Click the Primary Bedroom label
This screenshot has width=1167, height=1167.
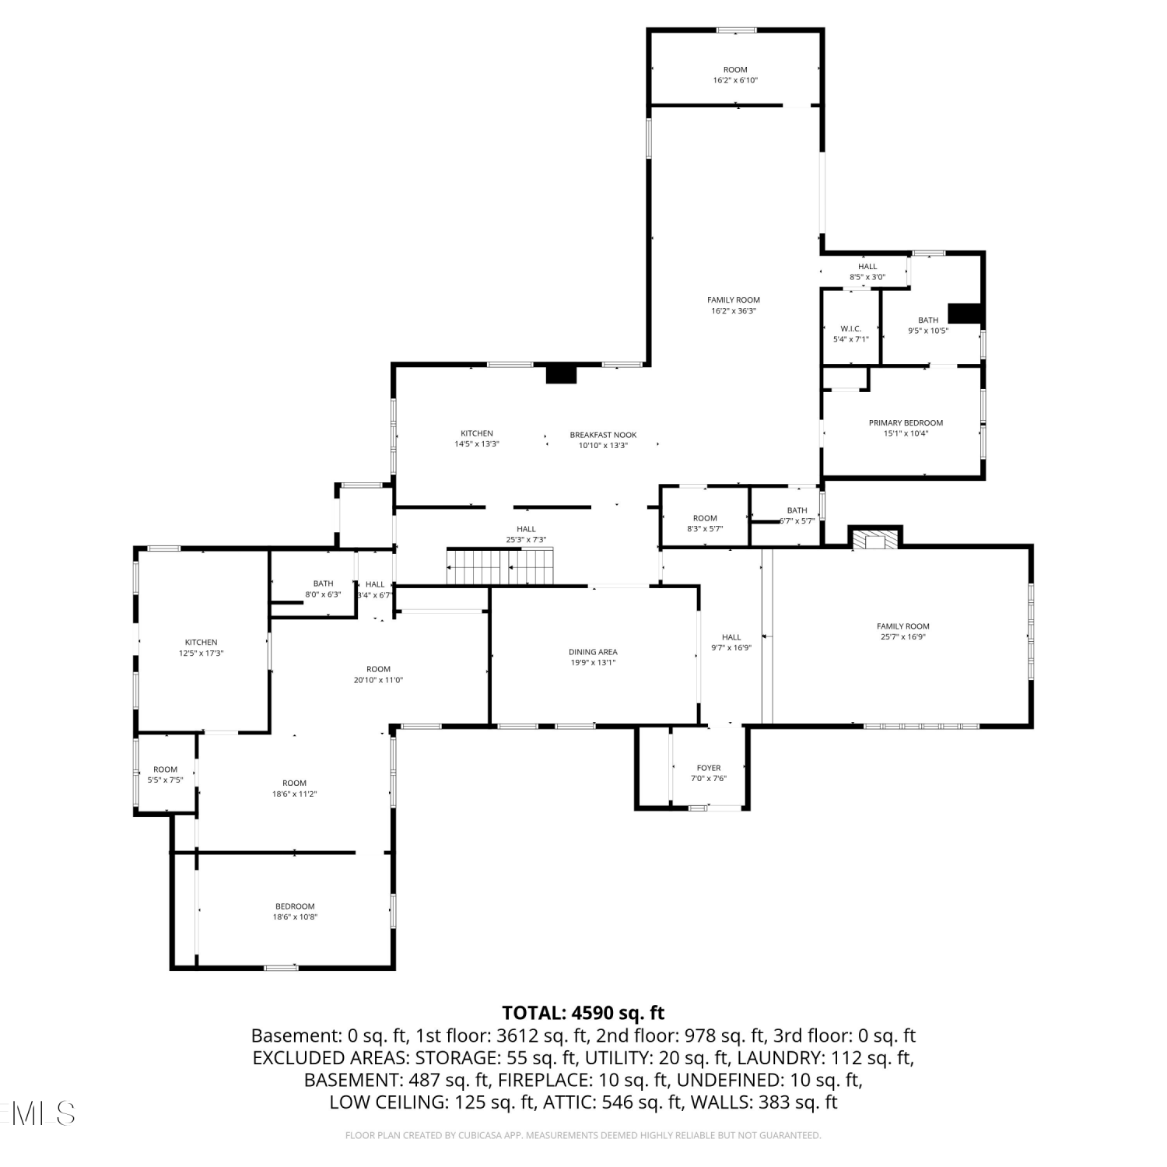click(906, 423)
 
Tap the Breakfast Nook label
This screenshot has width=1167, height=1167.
click(603, 435)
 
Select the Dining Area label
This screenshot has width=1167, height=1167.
click(593, 652)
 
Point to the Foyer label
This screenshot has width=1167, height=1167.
click(709, 768)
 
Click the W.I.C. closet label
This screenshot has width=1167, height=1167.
click(850, 328)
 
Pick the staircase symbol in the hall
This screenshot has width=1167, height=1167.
click(499, 566)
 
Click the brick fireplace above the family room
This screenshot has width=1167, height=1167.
click(875, 538)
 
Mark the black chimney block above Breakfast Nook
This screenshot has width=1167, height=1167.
click(561, 374)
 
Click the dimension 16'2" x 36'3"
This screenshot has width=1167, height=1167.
click(734, 311)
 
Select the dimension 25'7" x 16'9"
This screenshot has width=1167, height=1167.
click(902, 637)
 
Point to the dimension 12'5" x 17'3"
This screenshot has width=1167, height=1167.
click(201, 654)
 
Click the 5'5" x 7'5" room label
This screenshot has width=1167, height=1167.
click(165, 775)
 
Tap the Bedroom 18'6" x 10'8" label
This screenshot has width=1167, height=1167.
click(295, 912)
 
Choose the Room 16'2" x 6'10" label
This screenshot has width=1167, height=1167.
click(735, 75)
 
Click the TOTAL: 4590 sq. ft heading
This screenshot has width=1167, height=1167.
click(583, 1013)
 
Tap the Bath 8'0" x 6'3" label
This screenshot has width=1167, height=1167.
click(323, 589)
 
